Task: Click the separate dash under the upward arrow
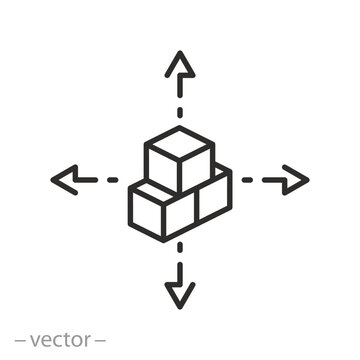pyautogui.click(x=180, y=108)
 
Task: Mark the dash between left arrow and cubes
pyautogui.click(x=111, y=180)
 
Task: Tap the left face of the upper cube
pyautogui.click(x=163, y=168)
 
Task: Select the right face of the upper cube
pyautogui.click(x=197, y=166)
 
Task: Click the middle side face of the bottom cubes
pyautogui.click(x=181, y=214)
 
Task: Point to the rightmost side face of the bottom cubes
pyautogui.click(x=214, y=198)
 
